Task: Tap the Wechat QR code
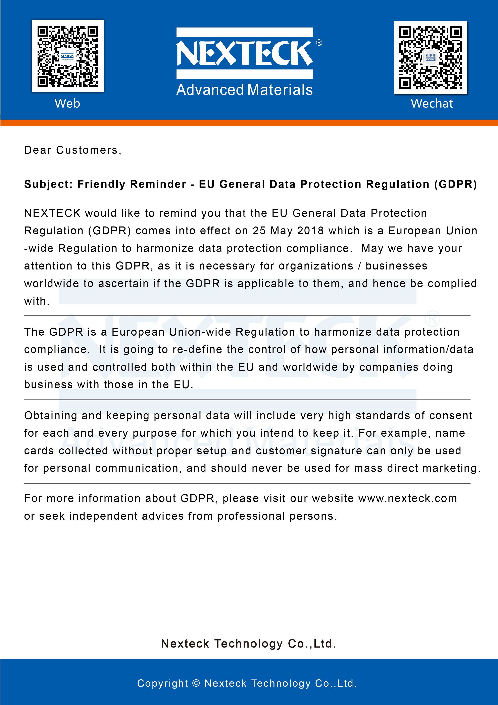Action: [x=431, y=57]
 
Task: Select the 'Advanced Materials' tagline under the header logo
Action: [x=244, y=90]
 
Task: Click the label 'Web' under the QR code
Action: [x=67, y=103]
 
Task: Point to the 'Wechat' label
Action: [x=432, y=103]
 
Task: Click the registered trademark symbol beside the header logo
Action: [x=319, y=43]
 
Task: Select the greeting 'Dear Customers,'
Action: [x=73, y=150]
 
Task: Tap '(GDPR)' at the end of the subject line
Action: [x=455, y=184]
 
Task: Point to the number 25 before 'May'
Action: [x=259, y=231]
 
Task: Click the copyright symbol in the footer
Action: [x=196, y=683]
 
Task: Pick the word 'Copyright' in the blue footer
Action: [x=162, y=683]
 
